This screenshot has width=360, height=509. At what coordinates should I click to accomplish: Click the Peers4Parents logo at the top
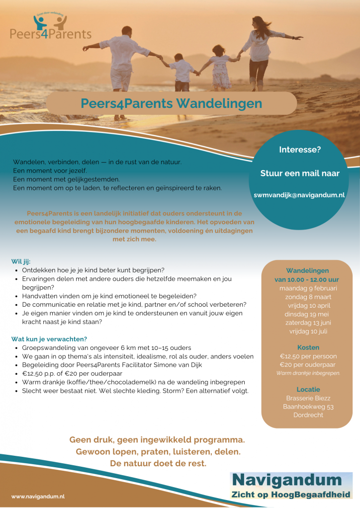coord(51,28)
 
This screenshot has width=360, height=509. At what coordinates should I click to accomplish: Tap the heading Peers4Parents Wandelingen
coord(171,103)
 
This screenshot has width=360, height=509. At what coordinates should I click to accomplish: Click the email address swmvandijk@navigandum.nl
coord(299,195)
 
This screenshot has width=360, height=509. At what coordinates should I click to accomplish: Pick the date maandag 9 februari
coord(308,288)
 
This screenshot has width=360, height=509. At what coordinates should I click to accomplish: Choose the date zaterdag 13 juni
coord(308,323)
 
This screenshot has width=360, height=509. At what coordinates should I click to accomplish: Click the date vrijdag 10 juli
coord(308,331)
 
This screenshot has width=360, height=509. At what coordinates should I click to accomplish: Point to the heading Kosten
coord(308,347)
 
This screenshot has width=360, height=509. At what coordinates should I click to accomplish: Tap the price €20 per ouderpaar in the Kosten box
coord(308,365)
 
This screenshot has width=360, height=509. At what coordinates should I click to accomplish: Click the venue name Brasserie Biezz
coord(308,398)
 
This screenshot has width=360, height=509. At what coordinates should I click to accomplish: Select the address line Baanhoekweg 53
coord(308,407)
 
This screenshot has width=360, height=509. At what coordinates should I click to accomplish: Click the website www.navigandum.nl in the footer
coord(38,496)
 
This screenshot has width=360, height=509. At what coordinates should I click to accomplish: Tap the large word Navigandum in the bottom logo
coord(287,481)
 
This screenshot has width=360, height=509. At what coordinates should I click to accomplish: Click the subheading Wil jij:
coord(21,261)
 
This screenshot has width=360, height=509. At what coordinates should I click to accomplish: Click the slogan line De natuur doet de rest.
coord(158,463)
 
